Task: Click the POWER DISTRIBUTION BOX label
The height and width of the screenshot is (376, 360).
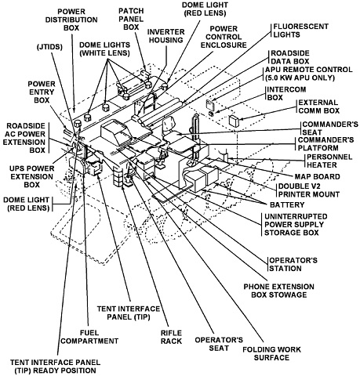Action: coord(71,20)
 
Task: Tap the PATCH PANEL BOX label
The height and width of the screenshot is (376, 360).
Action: coord(131,19)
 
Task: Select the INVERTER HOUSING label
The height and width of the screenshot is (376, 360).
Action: coord(165,36)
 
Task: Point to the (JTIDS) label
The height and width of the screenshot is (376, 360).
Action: coord(49,47)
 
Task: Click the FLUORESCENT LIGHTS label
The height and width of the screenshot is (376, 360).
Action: coord(301,31)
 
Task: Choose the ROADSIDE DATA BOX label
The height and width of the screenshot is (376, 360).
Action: coord(290,57)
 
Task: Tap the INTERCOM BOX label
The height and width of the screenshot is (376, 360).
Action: coord(286,93)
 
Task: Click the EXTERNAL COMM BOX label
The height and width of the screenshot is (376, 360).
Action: coord(319,107)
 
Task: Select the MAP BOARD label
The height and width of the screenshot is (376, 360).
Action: coord(318,176)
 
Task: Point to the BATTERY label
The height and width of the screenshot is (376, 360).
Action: coord(287,204)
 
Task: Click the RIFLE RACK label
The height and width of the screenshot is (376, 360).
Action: coord(171,337)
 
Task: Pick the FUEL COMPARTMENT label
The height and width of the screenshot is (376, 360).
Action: coord(89,337)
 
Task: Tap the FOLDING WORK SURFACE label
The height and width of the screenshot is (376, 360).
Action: coord(271,353)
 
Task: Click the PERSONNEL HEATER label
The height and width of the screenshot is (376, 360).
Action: coord(329,161)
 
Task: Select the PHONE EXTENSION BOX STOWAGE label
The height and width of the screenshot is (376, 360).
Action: coord(279,291)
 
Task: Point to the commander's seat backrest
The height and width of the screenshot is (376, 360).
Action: coord(169,124)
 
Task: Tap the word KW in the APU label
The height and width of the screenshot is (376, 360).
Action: coord(288,78)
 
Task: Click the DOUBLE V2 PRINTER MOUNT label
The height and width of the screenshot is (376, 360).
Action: coord(309,190)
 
